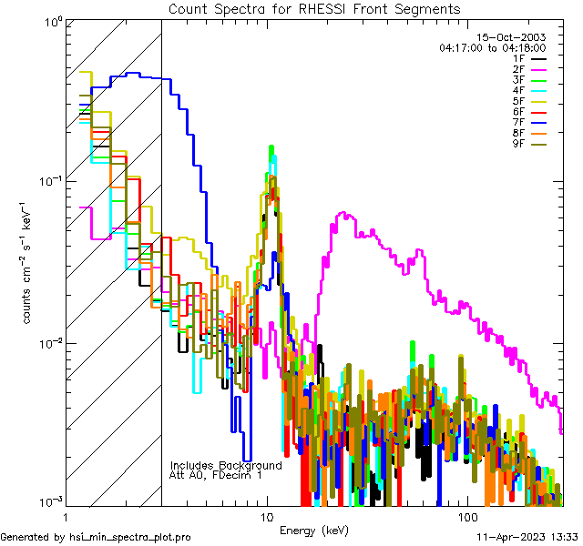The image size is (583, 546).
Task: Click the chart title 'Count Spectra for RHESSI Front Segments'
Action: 314,8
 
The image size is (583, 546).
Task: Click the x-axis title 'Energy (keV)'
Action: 313,531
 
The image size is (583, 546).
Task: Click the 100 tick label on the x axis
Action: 466,517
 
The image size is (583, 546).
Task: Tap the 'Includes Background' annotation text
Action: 226,465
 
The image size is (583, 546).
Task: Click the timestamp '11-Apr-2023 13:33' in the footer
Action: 527,537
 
